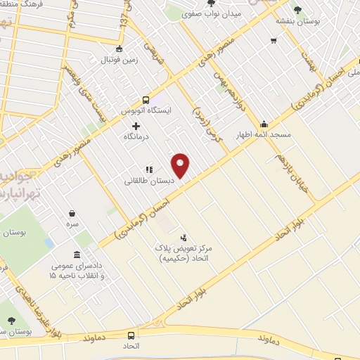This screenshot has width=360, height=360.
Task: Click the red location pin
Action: coord(181,165)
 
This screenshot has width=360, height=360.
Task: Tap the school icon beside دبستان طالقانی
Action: coord(148,169)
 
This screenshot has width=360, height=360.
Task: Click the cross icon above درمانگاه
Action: coord(136,125)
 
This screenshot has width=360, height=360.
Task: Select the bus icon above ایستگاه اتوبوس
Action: coord(146,100)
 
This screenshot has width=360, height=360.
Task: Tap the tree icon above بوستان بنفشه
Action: coord(298,10)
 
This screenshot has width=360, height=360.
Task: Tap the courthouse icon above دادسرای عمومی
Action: coord(76,255)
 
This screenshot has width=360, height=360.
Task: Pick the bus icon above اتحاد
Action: coord(131,335)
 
